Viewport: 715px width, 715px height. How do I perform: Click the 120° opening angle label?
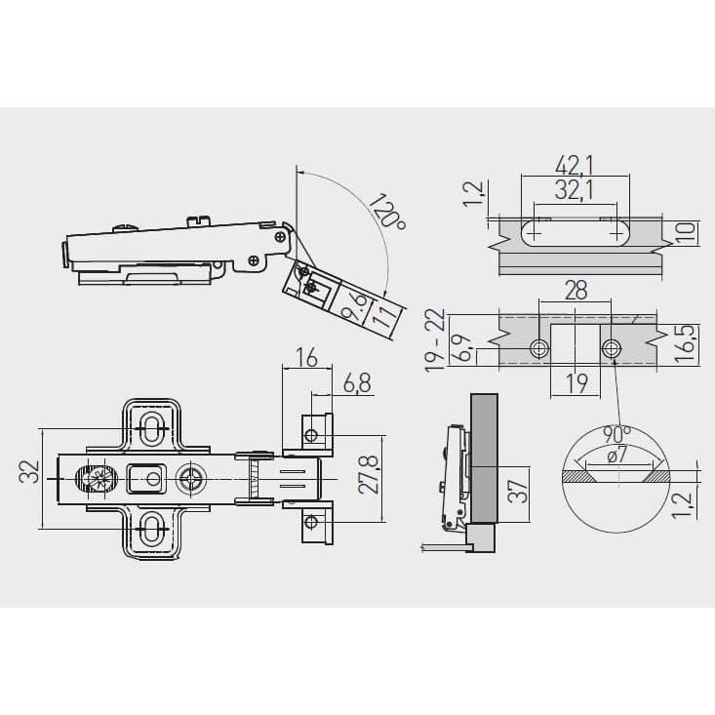click(x=387, y=212)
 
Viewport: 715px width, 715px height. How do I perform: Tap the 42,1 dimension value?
click(x=575, y=166)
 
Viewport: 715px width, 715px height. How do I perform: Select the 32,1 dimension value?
click(x=575, y=190)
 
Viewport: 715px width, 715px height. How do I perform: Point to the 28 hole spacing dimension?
click(x=576, y=290)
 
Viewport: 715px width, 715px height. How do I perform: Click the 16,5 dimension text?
click(x=687, y=343)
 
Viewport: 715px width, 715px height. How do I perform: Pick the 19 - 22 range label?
click(x=435, y=340)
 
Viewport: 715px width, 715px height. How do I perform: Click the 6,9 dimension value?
click(x=462, y=349)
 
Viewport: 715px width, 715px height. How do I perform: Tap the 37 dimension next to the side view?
click(x=518, y=491)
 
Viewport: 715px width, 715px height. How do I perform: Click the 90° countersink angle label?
click(x=616, y=434)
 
